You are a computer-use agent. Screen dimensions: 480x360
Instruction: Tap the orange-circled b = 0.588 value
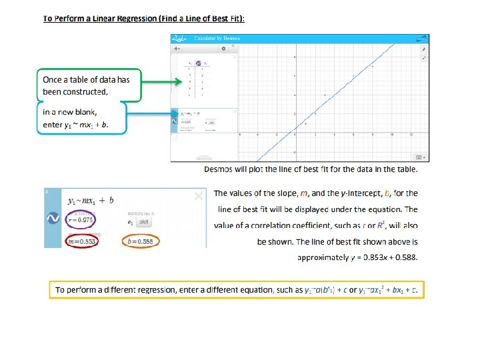click(x=141, y=241)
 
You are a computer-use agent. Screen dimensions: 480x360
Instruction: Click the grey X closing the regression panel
click(x=198, y=196)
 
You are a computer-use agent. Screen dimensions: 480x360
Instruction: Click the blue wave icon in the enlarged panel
click(x=52, y=218)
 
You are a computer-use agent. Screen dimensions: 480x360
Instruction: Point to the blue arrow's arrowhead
click(x=175, y=114)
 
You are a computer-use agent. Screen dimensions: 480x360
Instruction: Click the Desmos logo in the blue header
click(x=179, y=39)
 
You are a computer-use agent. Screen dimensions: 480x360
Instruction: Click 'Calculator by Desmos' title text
click(x=216, y=39)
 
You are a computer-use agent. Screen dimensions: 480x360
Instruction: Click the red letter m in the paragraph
click(x=304, y=193)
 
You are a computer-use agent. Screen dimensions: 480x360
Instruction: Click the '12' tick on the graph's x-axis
click(x=412, y=135)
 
